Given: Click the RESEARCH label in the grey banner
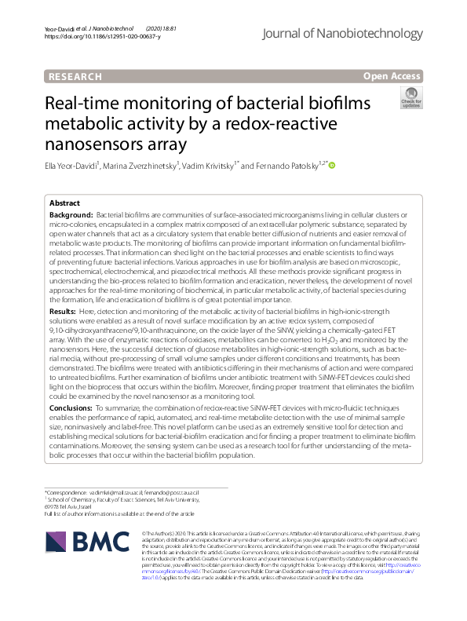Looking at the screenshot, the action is coord(75,76).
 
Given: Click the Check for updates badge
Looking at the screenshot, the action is coord(410,99).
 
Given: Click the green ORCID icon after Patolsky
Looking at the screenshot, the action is coord(332,166).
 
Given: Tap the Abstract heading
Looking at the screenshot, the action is coord(64,203).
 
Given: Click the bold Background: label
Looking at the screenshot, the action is coord(71,215).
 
